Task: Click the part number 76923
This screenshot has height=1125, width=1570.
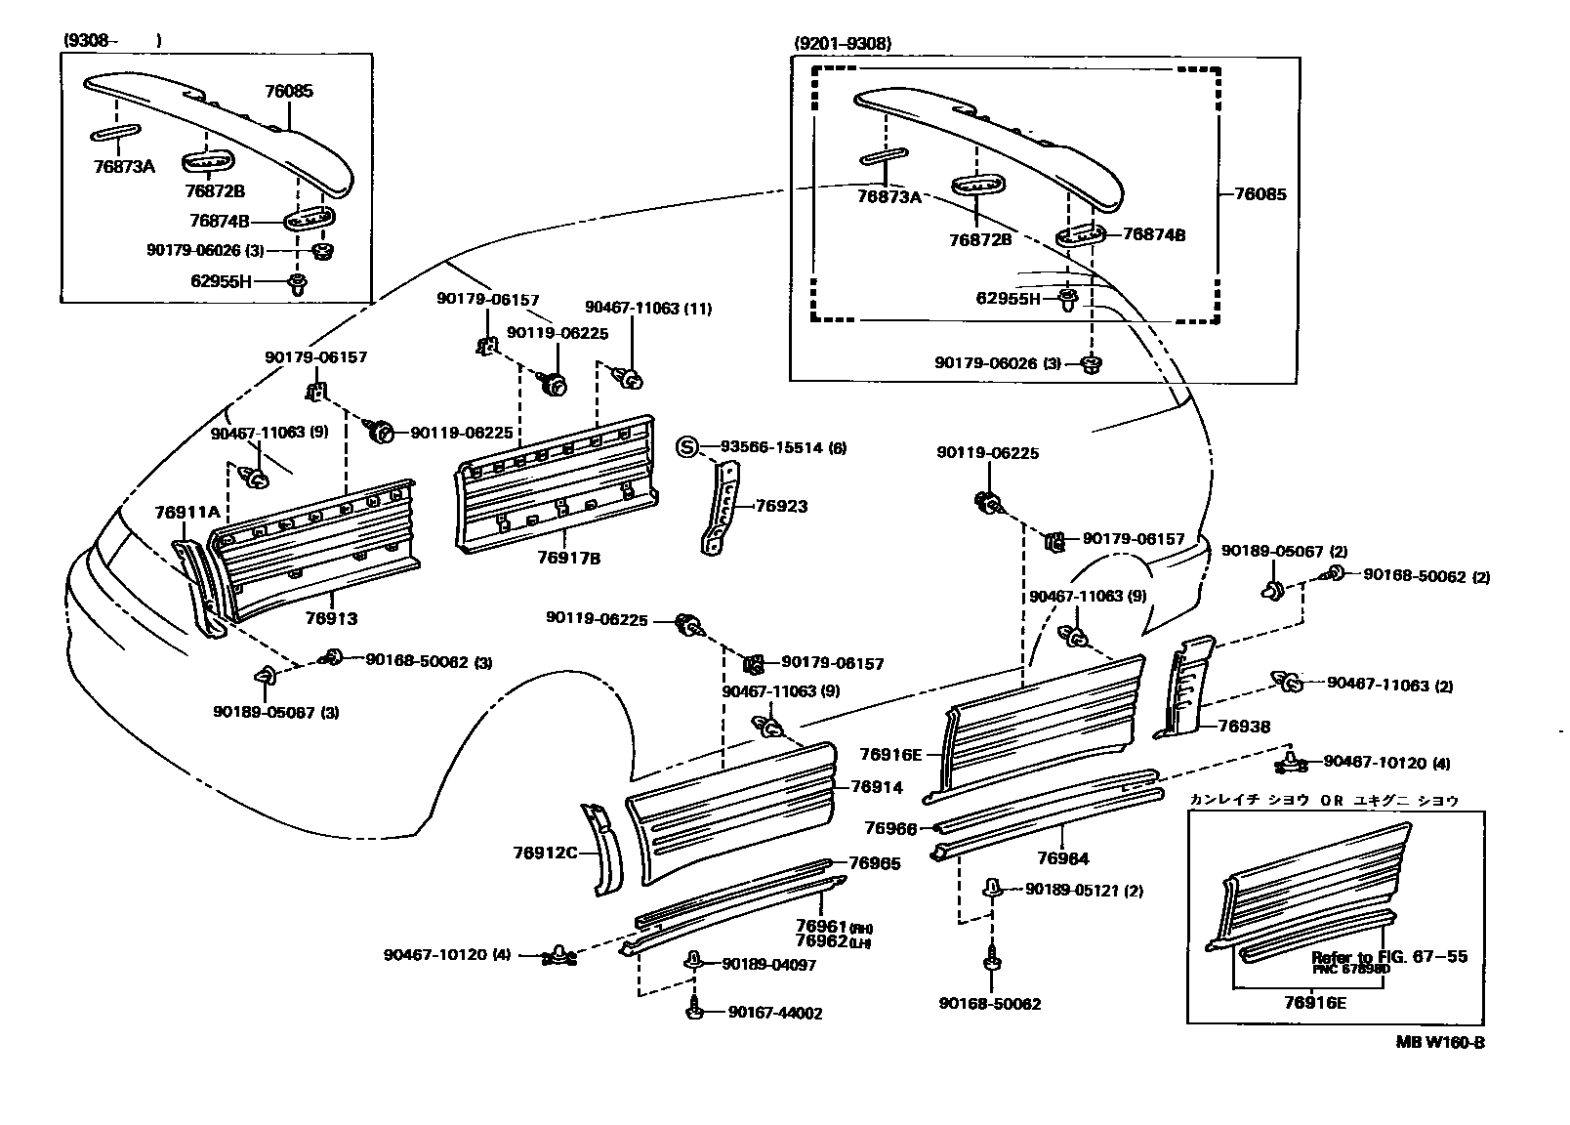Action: (x=781, y=507)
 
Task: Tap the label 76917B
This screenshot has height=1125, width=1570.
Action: (x=568, y=558)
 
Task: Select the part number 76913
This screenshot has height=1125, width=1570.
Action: (x=331, y=618)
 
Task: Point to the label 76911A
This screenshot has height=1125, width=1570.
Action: (x=186, y=512)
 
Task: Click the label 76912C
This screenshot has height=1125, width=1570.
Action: (x=545, y=853)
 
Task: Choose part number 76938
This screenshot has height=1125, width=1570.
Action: (x=1244, y=727)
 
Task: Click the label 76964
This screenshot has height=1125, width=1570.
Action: (x=1063, y=858)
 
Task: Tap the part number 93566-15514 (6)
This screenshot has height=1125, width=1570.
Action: (x=783, y=447)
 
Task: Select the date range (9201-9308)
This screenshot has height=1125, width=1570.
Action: (x=843, y=44)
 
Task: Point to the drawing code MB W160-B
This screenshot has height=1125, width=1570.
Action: (x=1439, y=1042)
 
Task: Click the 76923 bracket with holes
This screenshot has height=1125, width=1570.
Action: (x=721, y=508)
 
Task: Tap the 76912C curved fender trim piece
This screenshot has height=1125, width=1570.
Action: (x=603, y=849)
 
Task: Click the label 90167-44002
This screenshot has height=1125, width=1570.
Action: (x=775, y=1013)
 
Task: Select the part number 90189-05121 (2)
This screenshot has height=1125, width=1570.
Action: (x=1084, y=890)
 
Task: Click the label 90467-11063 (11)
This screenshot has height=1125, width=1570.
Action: (x=648, y=309)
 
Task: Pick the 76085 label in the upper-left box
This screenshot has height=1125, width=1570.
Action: (x=289, y=92)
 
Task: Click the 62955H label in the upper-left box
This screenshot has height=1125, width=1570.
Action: (x=221, y=282)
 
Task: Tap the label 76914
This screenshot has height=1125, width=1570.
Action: (x=876, y=787)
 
